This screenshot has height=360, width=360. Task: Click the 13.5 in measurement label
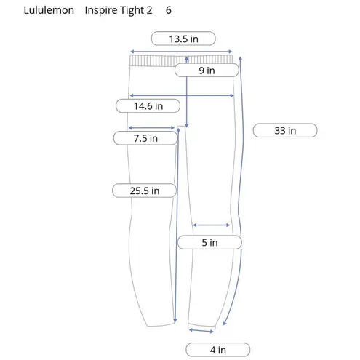click(183, 39)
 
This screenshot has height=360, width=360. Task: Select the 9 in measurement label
click(207, 71)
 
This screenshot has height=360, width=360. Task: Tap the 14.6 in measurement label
click(148, 106)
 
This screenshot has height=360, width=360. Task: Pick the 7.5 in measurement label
click(145, 138)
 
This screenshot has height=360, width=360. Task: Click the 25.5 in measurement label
click(145, 191)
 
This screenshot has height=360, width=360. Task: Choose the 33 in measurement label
click(284, 131)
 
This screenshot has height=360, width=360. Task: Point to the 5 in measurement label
click(209, 242)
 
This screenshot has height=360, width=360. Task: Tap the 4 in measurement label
click(217, 350)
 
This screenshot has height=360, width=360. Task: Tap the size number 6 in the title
click(169, 11)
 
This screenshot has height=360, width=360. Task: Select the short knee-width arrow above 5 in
click(211, 225)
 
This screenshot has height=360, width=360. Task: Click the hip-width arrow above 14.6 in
click(182, 95)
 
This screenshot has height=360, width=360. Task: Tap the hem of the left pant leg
click(158, 326)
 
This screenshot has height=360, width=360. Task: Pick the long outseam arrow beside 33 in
click(240, 189)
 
